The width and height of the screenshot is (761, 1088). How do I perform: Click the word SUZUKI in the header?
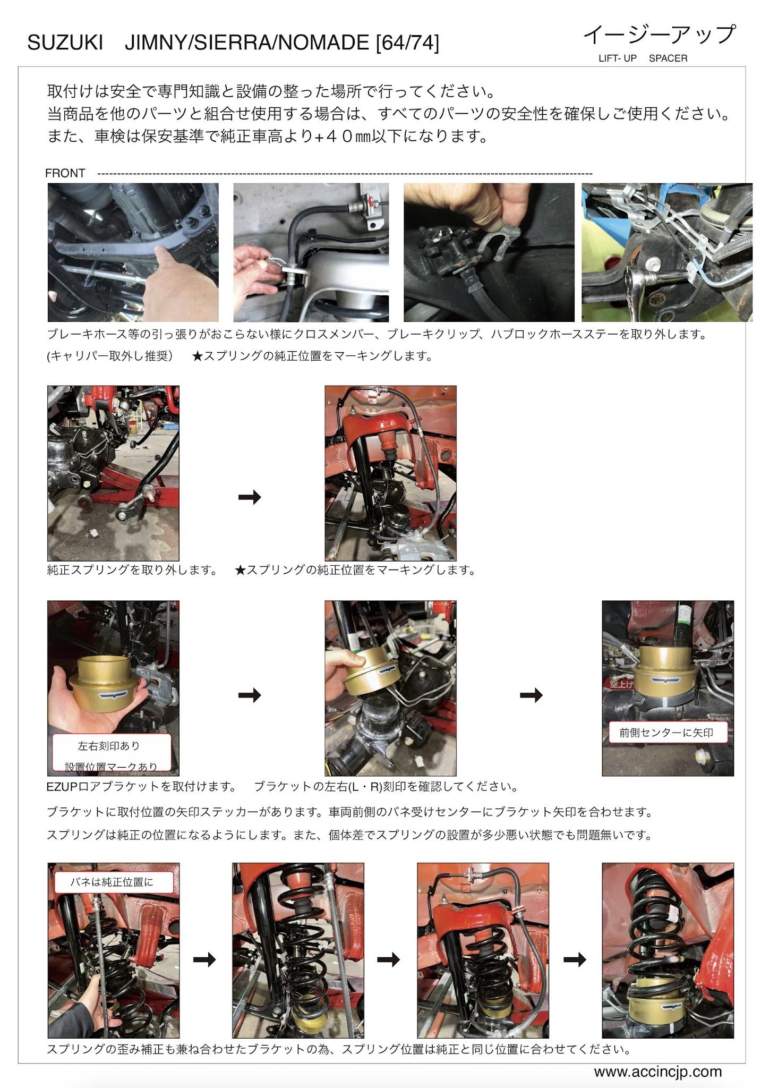65,43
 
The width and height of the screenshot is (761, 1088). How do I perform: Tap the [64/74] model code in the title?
407,43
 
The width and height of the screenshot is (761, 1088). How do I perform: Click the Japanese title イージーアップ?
660,35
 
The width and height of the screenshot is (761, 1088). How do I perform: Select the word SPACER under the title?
668,58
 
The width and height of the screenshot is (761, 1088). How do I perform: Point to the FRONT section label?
65,173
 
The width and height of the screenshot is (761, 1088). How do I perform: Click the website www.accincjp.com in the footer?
658,1072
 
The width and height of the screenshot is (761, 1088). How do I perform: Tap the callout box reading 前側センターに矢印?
666,733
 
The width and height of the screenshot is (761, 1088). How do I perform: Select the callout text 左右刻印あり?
109,746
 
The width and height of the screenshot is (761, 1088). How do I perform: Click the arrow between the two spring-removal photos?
250,497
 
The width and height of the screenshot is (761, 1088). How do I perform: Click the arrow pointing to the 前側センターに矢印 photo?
531,695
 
